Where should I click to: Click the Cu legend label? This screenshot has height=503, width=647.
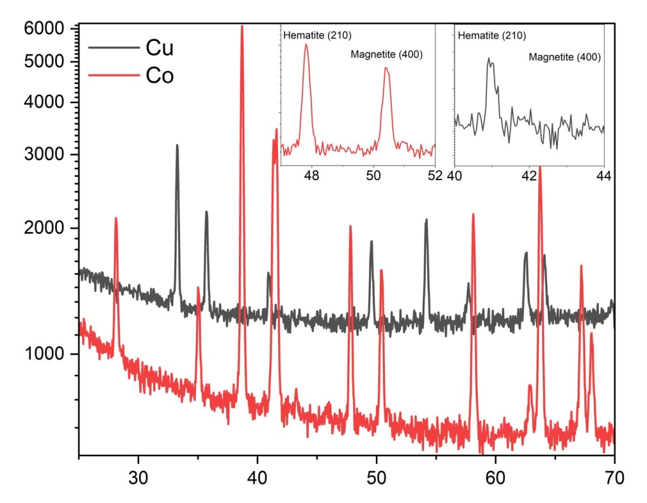click(159, 47)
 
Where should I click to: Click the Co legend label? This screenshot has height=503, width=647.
click(159, 76)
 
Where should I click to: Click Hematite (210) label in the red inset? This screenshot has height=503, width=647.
click(317, 35)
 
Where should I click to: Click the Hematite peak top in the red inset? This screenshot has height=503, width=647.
click(306, 44)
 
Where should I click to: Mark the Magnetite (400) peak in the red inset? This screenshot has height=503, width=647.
click(387, 68)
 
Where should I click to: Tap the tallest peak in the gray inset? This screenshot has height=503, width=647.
click(488, 58)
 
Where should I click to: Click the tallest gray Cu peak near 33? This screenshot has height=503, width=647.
click(177, 145)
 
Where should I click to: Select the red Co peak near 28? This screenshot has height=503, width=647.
click(116, 219)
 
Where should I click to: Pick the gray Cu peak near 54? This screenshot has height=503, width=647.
click(426, 220)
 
